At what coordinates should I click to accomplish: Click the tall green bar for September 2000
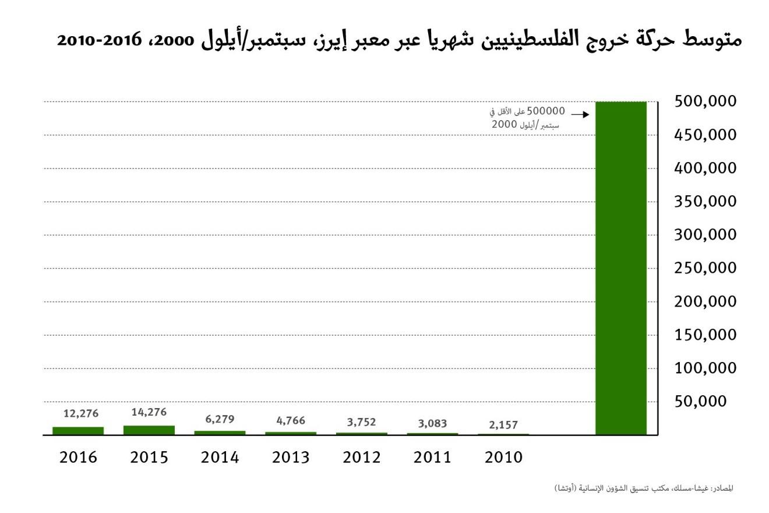(x=621, y=268)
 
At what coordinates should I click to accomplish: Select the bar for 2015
(x=149, y=430)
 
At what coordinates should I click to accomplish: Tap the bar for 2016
(x=78, y=431)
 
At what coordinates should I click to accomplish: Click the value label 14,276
(x=149, y=412)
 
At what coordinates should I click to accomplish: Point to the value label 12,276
(x=81, y=414)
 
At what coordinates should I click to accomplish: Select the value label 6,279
(x=220, y=419)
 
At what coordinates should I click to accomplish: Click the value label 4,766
(x=291, y=421)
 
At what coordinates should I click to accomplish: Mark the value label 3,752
(x=362, y=422)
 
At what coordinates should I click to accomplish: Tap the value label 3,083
(x=433, y=424)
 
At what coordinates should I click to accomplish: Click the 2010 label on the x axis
(x=503, y=458)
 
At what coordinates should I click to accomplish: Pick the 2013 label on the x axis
(x=291, y=458)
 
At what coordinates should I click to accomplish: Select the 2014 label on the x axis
(x=220, y=458)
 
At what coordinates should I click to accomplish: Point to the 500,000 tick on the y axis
(x=705, y=101)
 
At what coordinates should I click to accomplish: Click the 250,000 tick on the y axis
(x=705, y=268)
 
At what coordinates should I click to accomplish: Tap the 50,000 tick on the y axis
(x=701, y=401)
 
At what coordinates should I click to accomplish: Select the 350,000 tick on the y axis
(x=705, y=202)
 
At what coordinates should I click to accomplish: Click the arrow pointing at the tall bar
(x=580, y=115)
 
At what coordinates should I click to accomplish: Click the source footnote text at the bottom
(x=644, y=488)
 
